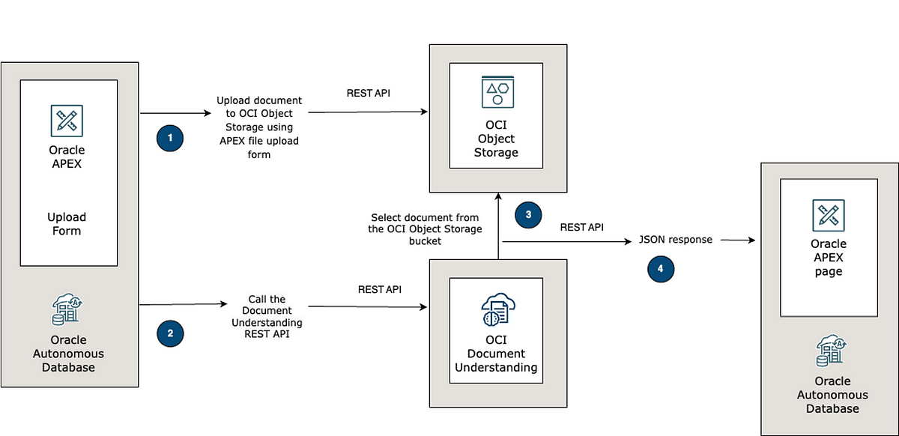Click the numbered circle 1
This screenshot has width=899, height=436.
170,138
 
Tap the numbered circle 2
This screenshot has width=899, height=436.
170,333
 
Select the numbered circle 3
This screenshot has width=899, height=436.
528,215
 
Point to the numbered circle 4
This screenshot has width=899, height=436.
661,269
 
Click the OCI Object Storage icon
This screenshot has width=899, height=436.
497,92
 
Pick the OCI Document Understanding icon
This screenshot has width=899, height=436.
498,309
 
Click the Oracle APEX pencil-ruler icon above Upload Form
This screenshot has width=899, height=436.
67,121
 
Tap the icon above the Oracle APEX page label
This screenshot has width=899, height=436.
829,215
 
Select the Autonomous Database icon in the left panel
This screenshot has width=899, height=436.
67,309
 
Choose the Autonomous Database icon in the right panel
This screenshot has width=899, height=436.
832,350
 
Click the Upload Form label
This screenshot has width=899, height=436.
67,224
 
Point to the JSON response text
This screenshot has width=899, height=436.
676,240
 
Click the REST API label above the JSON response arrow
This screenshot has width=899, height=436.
581,227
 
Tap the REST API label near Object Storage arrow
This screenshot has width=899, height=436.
368,93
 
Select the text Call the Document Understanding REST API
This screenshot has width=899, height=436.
267,316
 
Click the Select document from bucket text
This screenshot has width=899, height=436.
425,229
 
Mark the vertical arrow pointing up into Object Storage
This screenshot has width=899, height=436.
498,226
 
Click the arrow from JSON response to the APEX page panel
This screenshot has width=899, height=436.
738,240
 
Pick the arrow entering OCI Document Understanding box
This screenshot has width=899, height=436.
367,306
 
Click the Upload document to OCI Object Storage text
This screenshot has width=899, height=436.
259,127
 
